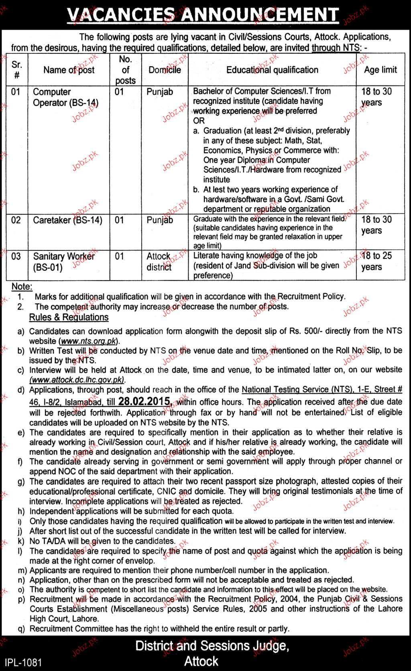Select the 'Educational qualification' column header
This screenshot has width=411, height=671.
[x=272, y=70]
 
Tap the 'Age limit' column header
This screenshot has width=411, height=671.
[x=380, y=70]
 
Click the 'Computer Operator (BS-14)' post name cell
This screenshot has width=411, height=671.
[x=66, y=97]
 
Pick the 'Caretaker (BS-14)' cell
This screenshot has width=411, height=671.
[x=67, y=220]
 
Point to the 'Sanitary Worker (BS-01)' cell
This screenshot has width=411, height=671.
[x=64, y=261]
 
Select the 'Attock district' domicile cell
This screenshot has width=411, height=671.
[x=159, y=261]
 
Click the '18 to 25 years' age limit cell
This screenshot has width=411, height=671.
[x=376, y=261]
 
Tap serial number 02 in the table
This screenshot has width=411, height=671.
[x=16, y=220]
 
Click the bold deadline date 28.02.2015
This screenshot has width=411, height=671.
[x=143, y=401]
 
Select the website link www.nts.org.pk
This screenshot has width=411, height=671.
[x=89, y=341]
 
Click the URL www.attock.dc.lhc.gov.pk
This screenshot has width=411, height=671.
[x=77, y=379]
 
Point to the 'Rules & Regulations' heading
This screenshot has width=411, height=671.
[x=69, y=317]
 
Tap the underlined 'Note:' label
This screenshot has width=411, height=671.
[x=22, y=287]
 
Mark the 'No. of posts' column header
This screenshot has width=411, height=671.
[x=125, y=70]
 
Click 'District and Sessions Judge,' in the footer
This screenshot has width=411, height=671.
[x=212, y=646]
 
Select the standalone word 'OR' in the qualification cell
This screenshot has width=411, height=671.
[x=199, y=121]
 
